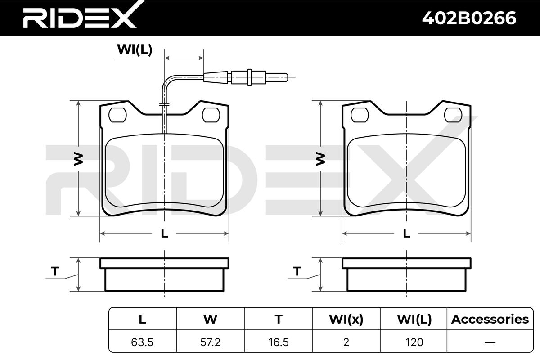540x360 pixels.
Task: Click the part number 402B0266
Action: pyautogui.click(x=469, y=18)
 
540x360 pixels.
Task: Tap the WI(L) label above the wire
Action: pyautogui.click(x=135, y=49)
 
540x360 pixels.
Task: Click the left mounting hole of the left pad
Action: pyautogui.click(x=117, y=115)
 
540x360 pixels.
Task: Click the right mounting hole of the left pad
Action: pyautogui.click(x=211, y=115)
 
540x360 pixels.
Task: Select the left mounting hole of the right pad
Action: pyautogui.click(x=360, y=115)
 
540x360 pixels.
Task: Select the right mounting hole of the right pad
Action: pyautogui.click(x=453, y=115)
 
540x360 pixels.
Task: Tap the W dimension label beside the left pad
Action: pyautogui.click(x=78, y=159)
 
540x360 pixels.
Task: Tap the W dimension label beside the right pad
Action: pyautogui.click(x=320, y=159)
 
